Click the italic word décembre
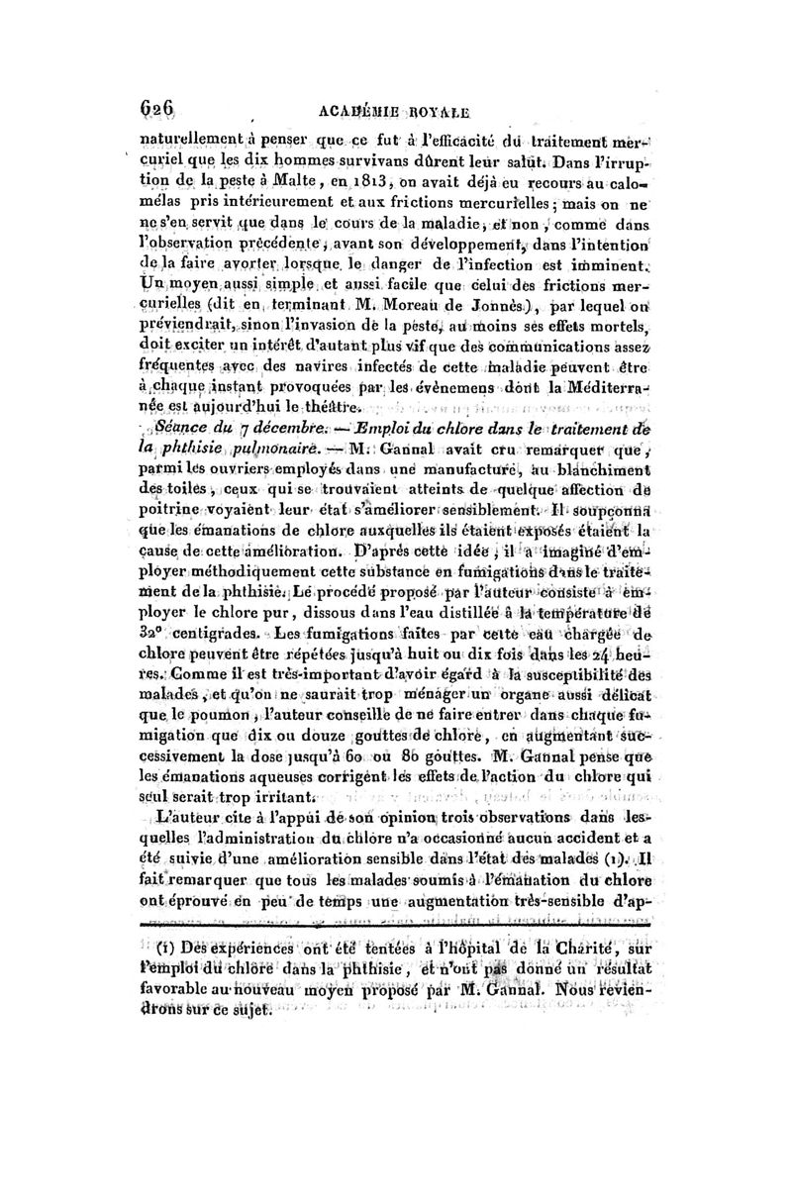click(x=287, y=428)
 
